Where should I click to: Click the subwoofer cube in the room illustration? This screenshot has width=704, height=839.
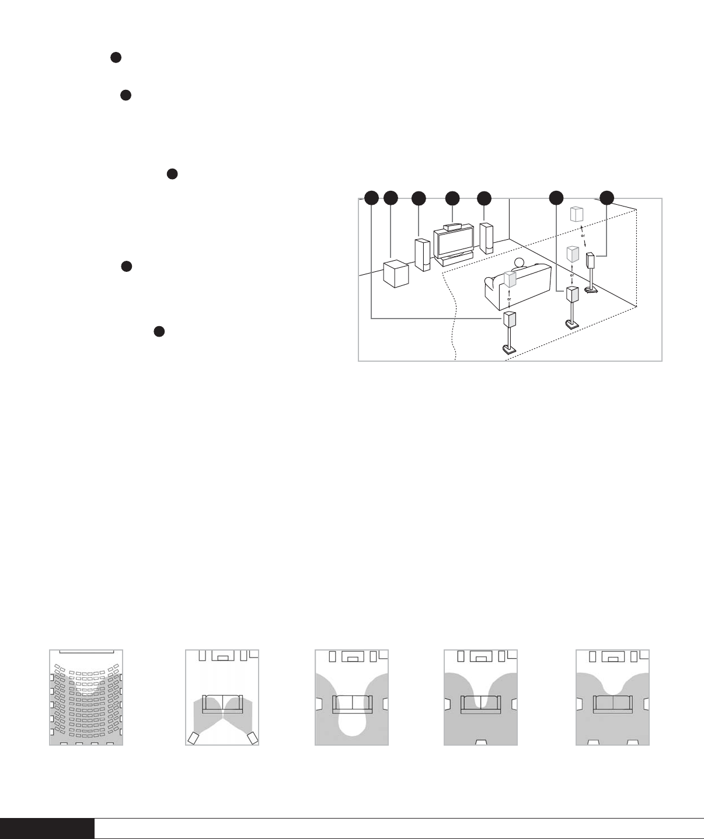click(x=396, y=274)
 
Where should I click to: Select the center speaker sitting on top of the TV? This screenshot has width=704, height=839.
click(x=454, y=227)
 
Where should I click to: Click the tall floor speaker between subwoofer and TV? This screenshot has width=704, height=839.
click(x=423, y=255)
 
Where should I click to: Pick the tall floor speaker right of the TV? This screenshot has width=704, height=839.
click(x=486, y=238)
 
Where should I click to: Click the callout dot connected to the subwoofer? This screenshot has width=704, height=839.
click(x=391, y=198)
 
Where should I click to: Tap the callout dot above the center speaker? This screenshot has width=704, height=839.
click(x=452, y=198)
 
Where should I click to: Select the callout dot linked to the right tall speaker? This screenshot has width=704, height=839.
click(x=484, y=198)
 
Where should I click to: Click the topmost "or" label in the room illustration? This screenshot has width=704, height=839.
click(x=583, y=236)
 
